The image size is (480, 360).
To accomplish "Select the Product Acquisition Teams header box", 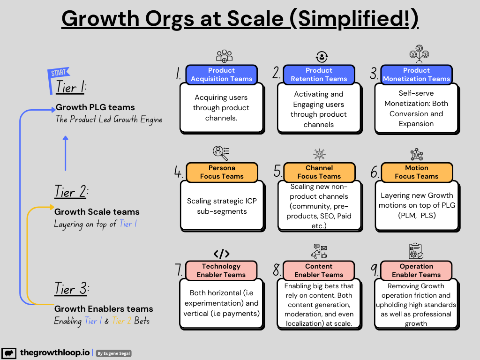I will pos(221,75).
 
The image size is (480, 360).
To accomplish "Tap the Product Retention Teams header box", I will pos(319,75).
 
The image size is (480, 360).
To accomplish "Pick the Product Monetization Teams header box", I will pos(416,75).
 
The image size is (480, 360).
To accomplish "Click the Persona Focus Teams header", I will pos(221,172).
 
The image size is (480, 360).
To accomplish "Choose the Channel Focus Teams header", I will pos(319,172).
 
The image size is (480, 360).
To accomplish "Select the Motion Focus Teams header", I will pos(416,172).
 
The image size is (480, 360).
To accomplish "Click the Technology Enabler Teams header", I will pos(221,270).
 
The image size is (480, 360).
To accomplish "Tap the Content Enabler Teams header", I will pos(319,270).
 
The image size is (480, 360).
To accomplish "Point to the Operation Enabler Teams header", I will pos(416,270).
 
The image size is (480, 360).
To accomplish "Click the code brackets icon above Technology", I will pos(221,254).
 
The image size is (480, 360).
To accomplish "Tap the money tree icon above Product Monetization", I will pos(416,54).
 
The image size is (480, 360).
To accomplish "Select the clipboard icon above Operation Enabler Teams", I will pos(416,251).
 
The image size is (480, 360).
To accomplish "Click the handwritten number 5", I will pos(278,172).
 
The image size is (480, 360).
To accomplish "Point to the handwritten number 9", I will pos(375,270).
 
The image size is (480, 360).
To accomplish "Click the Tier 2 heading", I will pos(71,193).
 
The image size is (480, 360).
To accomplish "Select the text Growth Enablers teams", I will pos(104,309).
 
